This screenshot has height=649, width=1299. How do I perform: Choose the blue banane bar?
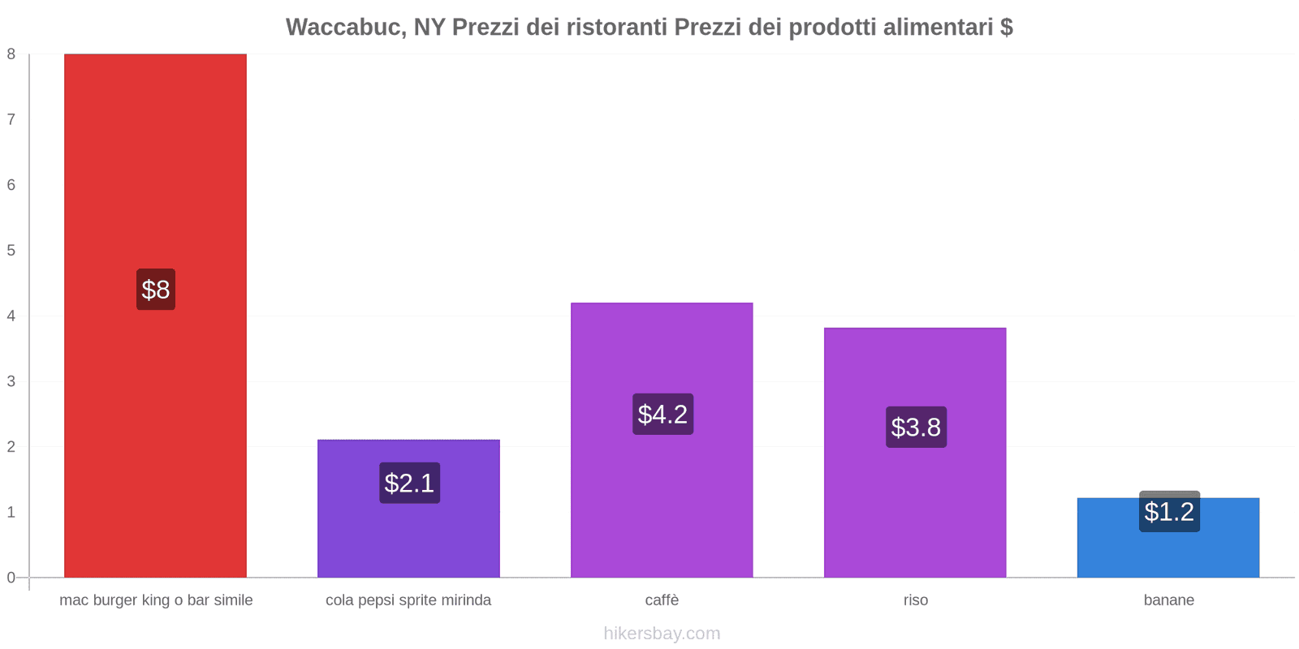tap(1168, 552)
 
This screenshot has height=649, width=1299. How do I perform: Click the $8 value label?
tap(156, 290)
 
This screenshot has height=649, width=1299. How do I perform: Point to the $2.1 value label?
tap(409, 484)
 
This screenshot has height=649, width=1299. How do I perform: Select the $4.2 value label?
tap(662, 415)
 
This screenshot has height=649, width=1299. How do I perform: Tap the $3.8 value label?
tap(916, 428)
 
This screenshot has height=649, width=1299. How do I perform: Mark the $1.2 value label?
tap(1169, 512)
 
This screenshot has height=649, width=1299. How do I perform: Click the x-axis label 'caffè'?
tap(662, 600)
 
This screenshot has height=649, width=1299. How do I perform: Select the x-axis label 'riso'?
tap(915, 600)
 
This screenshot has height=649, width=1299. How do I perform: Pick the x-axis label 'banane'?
tap(1168, 600)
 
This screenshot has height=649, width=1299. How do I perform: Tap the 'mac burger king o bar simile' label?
tap(156, 600)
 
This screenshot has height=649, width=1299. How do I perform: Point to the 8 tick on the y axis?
tap(11, 54)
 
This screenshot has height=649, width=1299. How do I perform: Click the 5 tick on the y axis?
tap(11, 251)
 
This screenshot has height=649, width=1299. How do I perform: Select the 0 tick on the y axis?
tap(11, 578)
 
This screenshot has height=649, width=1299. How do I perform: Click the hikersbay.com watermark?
tap(662, 634)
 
